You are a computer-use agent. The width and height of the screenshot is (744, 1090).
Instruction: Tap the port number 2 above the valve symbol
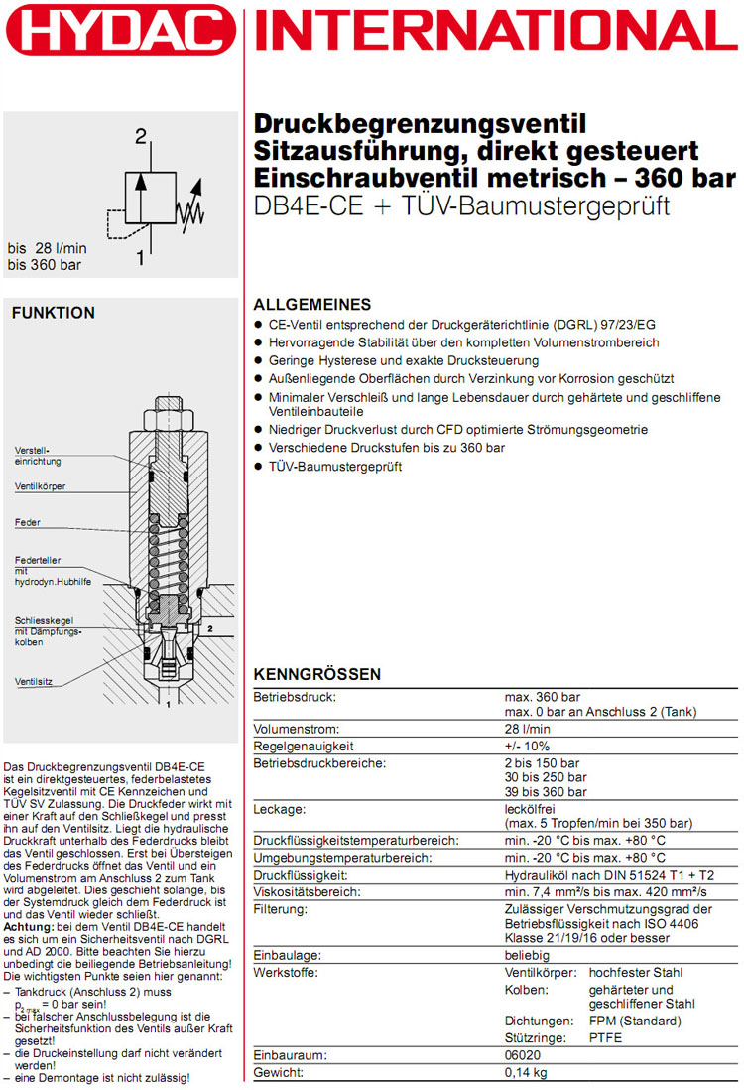pos(141,136)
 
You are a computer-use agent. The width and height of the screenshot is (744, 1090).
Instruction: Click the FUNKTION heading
pos(54,313)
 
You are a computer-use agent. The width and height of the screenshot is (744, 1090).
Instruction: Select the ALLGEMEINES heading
pos(312,305)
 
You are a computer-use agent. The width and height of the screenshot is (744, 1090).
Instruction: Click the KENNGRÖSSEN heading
pos(317,674)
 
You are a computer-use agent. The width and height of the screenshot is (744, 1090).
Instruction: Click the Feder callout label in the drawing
pos(27,522)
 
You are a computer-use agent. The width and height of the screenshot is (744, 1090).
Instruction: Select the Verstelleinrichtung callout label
pos(37,456)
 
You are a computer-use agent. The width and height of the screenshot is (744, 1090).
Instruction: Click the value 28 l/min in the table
pos(528,729)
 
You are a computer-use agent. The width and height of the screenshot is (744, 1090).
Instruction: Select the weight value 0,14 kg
pos(527,1072)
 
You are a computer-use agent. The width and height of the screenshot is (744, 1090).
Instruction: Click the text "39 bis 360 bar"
pos(546,792)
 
